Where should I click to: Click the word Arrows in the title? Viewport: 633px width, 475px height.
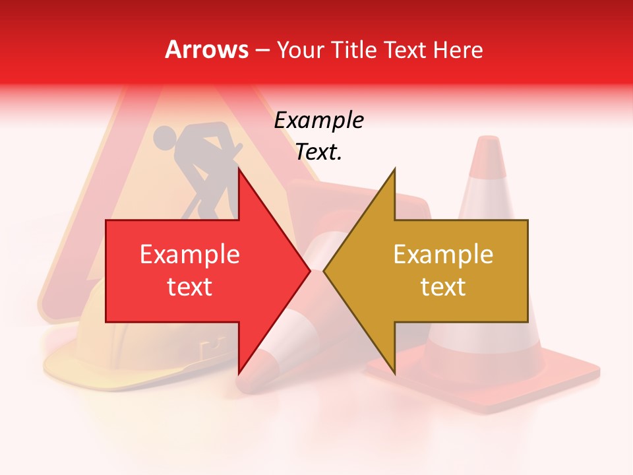[x=207, y=49]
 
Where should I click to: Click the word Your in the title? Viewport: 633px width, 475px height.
[x=301, y=50]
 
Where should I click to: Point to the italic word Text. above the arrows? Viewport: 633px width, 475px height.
[x=318, y=152]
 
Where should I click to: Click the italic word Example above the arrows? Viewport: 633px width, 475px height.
[x=318, y=121]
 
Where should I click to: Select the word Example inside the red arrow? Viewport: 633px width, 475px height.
[x=190, y=255]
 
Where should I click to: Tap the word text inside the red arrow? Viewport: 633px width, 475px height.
[x=190, y=287]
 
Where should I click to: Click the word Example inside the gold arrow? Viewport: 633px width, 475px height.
[x=443, y=255]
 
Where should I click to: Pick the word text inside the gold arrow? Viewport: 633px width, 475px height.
[x=443, y=287]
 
